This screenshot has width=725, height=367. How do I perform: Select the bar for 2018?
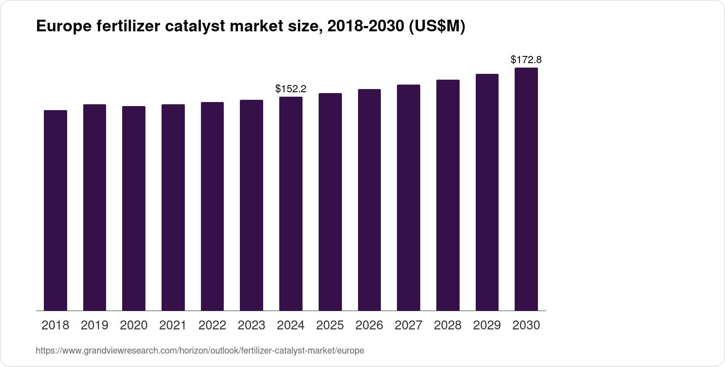[x=55, y=210]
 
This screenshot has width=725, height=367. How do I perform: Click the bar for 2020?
[x=134, y=209]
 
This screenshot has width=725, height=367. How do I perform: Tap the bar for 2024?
[x=291, y=204]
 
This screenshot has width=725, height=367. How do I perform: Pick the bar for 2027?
[x=409, y=198]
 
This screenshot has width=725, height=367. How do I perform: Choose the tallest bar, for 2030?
[x=526, y=189]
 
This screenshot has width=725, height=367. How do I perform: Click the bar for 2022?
[x=212, y=206]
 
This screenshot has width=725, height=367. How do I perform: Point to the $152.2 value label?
[x=291, y=89]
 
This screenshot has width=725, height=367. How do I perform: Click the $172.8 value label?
[x=526, y=60]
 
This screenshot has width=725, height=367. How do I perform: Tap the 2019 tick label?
[x=94, y=325]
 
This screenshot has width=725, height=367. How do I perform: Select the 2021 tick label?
[x=173, y=325]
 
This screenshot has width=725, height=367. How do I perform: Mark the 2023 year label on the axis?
[x=252, y=325]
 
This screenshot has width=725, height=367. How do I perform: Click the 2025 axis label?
[x=330, y=325]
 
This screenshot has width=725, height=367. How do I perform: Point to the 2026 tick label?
[x=369, y=325]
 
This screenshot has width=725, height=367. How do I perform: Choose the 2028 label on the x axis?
[x=448, y=325]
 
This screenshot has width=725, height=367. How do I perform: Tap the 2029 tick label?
[x=487, y=325]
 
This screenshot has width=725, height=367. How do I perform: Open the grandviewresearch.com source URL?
[x=200, y=351]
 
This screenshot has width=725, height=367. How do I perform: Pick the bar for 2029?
[x=487, y=192]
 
